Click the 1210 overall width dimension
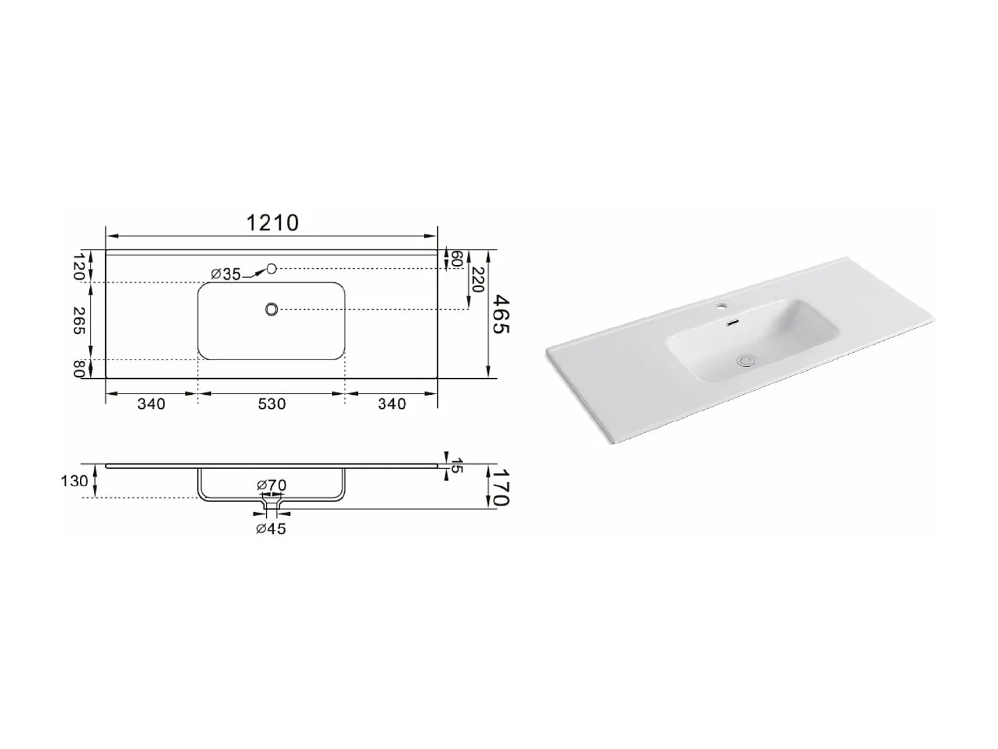(x=272, y=222)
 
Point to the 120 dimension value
(x=79, y=266)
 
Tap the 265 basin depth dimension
(x=79, y=322)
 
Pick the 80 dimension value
(x=79, y=369)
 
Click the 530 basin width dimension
(x=271, y=404)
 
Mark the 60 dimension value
(x=456, y=260)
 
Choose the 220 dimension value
(x=476, y=280)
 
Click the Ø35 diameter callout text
(x=226, y=274)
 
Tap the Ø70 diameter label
(x=271, y=485)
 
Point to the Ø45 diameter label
(x=271, y=529)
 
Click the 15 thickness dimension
(x=456, y=465)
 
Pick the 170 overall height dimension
(x=500, y=486)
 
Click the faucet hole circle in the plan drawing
(x=271, y=268)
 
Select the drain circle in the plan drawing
(x=271, y=309)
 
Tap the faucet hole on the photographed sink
(x=721, y=308)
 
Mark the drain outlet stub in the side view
(x=271, y=508)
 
